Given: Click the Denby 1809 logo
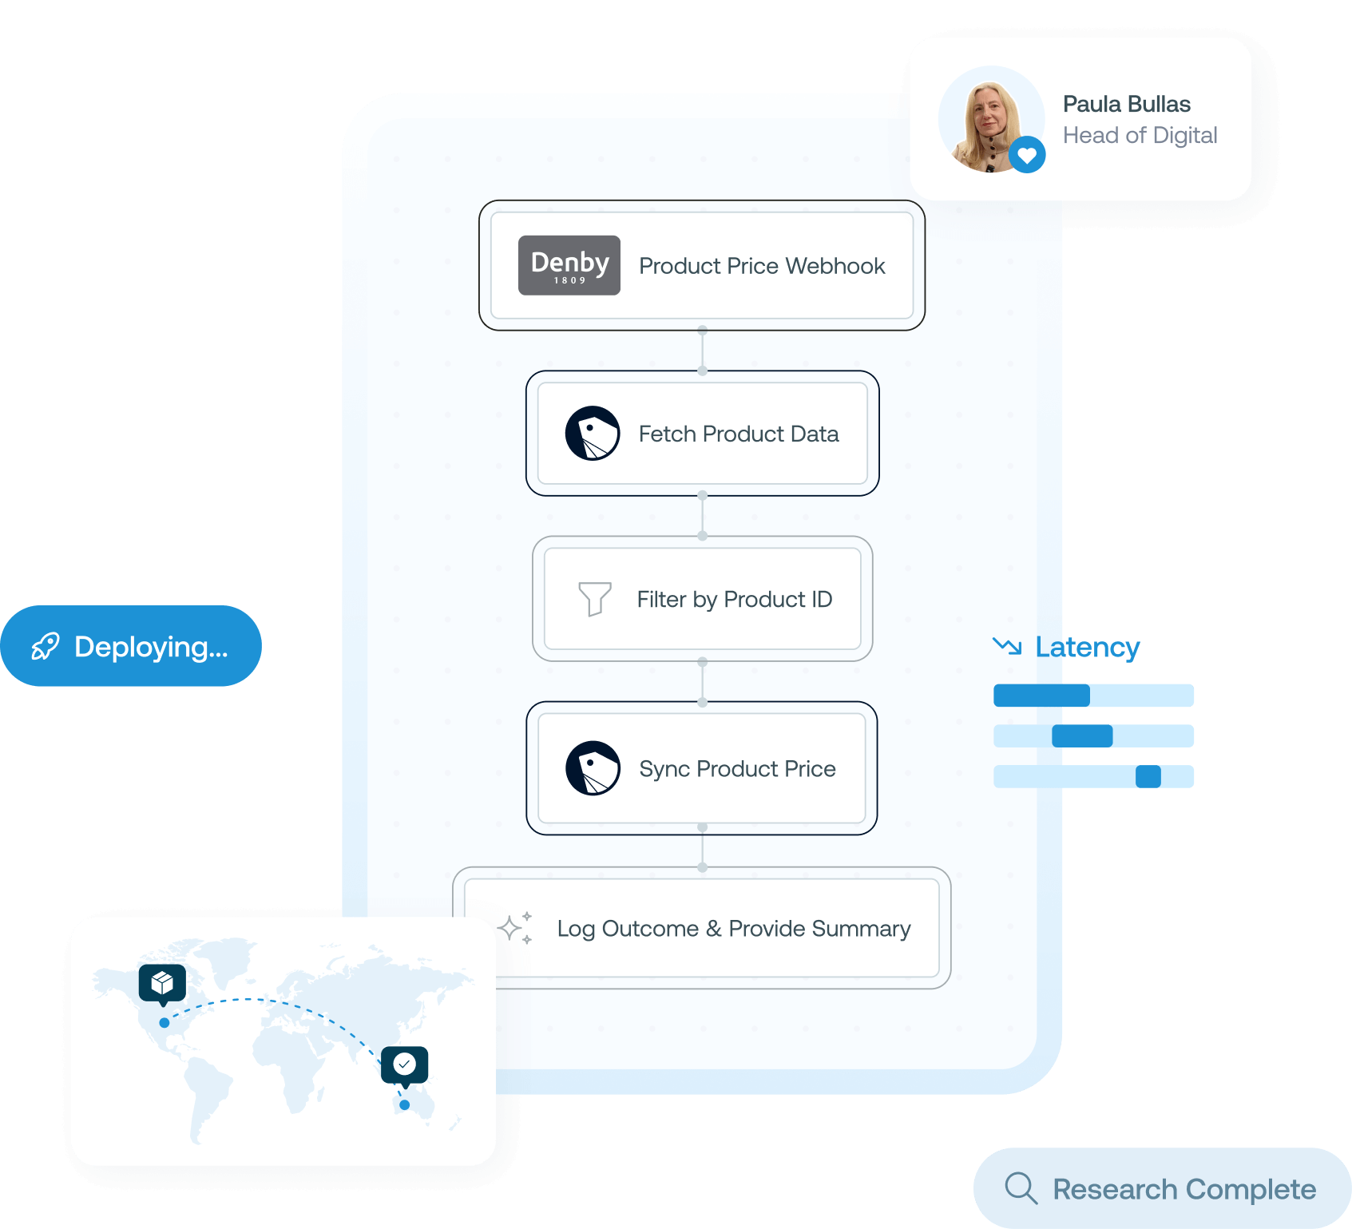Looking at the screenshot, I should tap(569, 265).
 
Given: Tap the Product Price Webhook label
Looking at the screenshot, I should tap(762, 266).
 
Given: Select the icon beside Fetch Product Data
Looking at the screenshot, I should tap(593, 434).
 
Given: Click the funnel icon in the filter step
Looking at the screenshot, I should tap(594, 599).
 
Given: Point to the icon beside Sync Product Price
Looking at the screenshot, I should tap(593, 768).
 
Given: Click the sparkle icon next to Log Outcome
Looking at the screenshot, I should tap(515, 928).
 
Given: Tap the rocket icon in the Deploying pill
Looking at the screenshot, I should tap(46, 646).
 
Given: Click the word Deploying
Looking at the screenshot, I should tap(151, 647).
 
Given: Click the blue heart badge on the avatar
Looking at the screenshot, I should tap(1027, 155).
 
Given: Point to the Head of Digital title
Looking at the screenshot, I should tap(1140, 136).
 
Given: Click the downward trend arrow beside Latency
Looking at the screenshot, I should tap(1007, 645).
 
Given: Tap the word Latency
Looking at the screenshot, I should tap(1088, 647).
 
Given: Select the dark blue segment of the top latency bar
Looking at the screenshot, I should tap(1041, 696).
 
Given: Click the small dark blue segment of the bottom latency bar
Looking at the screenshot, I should tap(1148, 776).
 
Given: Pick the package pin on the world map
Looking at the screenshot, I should tap(162, 982).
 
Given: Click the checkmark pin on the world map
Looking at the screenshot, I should tap(404, 1064).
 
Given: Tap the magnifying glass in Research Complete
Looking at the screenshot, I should tap(1021, 1187).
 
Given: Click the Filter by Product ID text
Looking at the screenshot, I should tap(734, 600).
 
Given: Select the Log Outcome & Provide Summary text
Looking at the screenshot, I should tap(733, 929).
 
